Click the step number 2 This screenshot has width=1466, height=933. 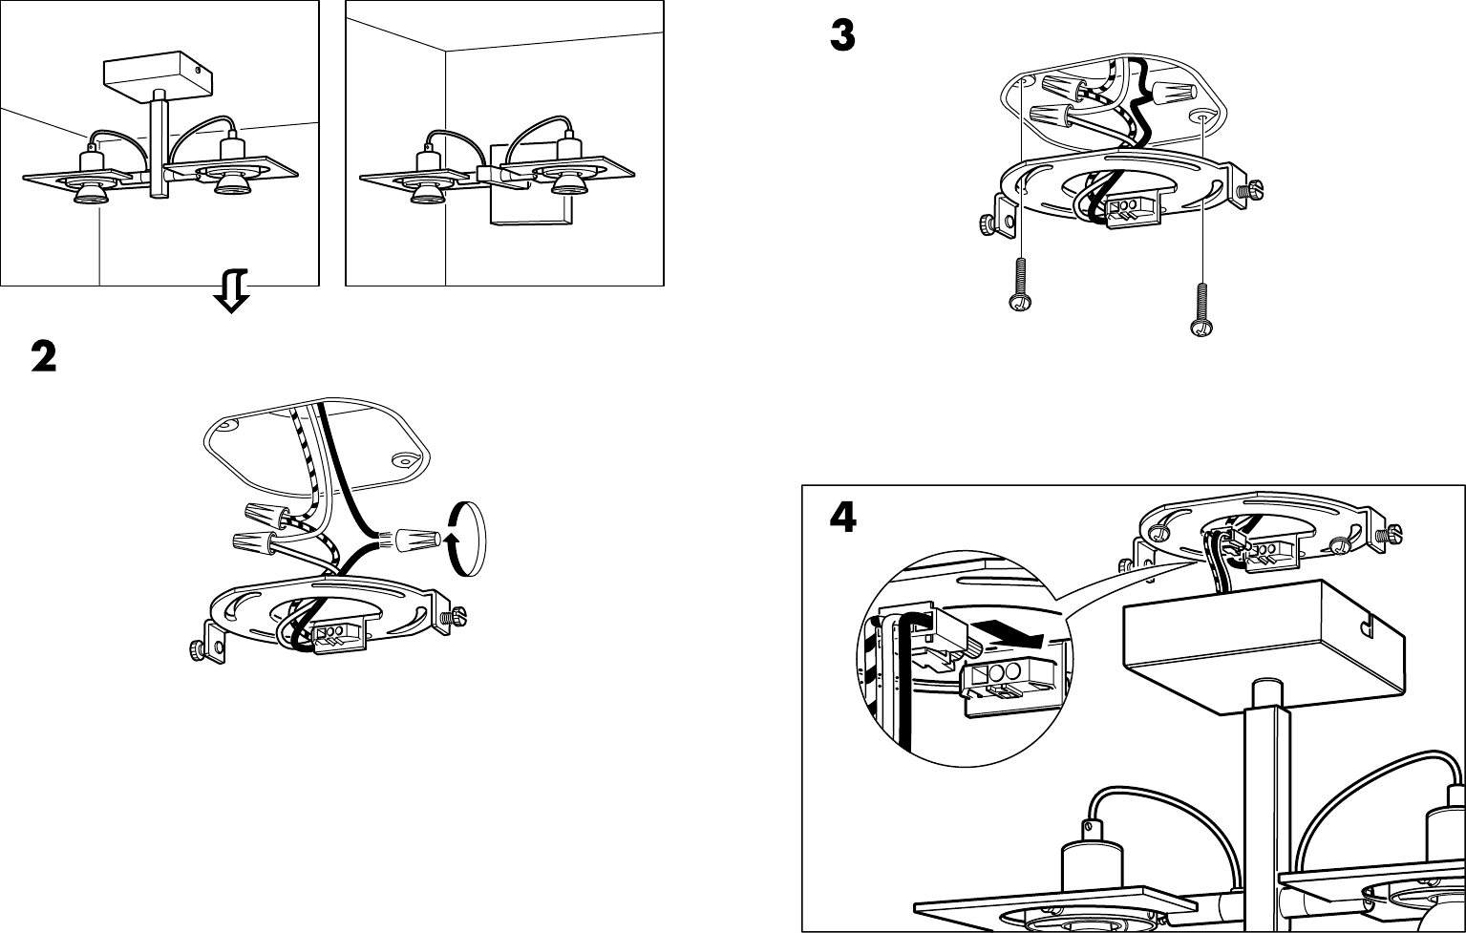pyautogui.click(x=44, y=358)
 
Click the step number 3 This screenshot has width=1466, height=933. pyautogui.click(x=841, y=37)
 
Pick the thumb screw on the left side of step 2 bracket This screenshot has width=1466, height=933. pyautogui.click(x=198, y=650)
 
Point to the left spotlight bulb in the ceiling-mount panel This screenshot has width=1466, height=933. pyautogui.click(x=91, y=192)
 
